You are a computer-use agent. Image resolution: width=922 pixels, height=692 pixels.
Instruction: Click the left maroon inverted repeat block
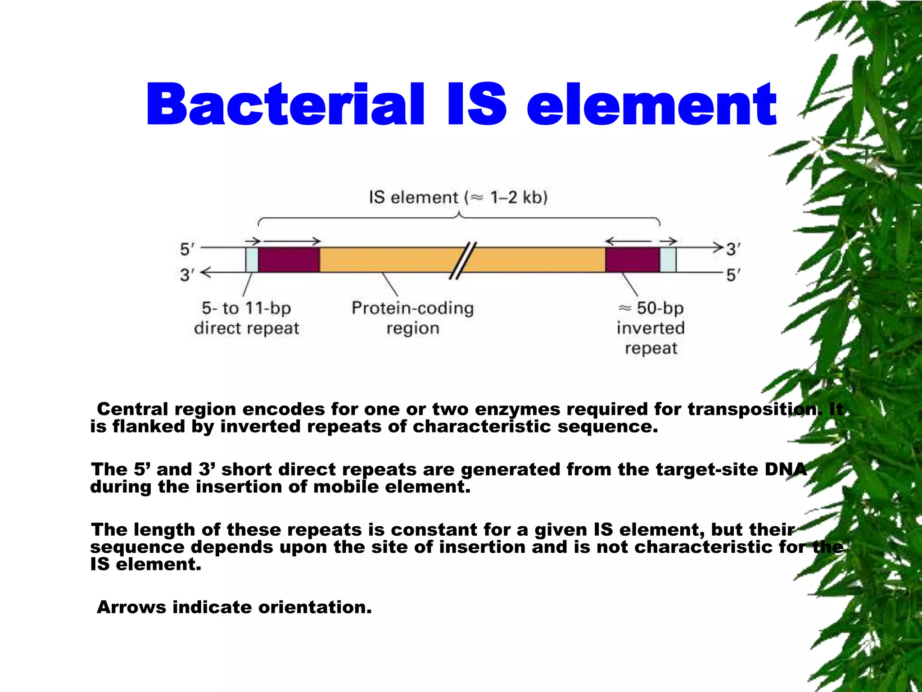tap(289, 260)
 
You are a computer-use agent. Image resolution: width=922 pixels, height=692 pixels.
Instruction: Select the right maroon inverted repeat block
tap(632, 260)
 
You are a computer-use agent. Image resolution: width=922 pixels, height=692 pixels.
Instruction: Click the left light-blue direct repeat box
tap(252, 260)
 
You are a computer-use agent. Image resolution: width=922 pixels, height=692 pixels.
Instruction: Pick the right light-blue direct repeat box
tap(668, 260)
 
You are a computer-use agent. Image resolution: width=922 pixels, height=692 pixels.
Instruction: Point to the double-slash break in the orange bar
tap(463, 260)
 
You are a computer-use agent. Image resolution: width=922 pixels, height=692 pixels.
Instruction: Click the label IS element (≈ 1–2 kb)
tap(458, 198)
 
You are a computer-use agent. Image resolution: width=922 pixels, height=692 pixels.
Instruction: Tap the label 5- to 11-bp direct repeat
tap(246, 318)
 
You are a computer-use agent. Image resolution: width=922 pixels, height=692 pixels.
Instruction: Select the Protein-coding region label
tap(412, 318)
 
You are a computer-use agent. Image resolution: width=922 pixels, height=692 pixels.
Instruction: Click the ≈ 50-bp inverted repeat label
tap(651, 328)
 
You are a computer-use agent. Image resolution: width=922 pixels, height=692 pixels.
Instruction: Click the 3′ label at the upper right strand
tap(733, 249)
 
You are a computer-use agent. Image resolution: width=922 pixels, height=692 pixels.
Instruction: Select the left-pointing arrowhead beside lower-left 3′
tap(205, 273)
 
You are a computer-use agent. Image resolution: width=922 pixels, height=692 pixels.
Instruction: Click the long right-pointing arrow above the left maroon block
tap(292, 241)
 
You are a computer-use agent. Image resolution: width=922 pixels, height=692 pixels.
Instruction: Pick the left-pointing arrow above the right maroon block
tap(628, 241)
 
